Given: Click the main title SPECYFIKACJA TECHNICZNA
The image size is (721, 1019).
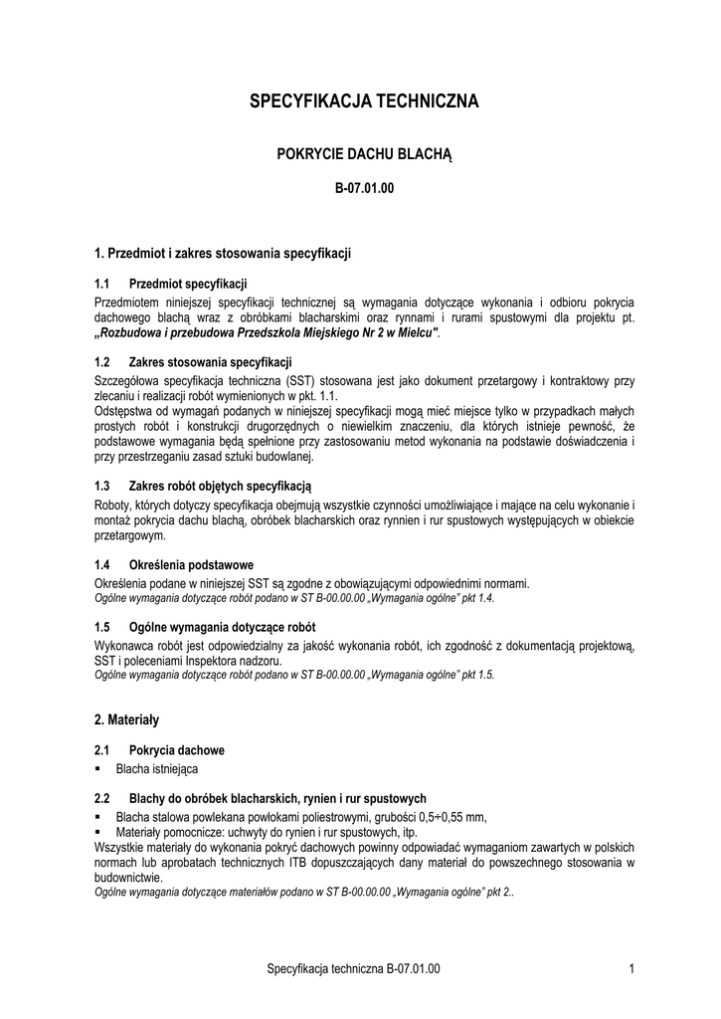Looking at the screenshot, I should (x=363, y=102).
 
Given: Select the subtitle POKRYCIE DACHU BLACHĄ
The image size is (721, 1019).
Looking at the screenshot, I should (x=363, y=154).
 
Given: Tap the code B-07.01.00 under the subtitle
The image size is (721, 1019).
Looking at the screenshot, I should (x=363, y=188).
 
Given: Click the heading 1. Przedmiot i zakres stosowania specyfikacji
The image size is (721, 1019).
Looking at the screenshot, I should (x=223, y=253).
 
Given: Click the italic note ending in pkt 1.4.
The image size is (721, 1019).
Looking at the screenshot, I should (x=294, y=599).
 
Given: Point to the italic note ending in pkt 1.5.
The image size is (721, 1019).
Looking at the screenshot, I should (x=294, y=674).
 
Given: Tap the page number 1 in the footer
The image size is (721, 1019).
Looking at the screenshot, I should (x=632, y=968).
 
